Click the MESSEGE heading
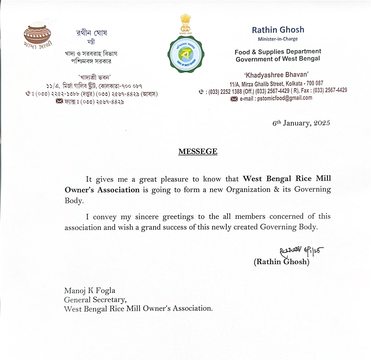point(198,151)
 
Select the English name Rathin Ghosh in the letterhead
point(278,30)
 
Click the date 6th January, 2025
point(301,123)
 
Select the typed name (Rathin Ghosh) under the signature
point(281,262)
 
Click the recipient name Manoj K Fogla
point(90,290)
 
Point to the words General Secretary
point(95,299)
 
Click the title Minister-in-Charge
point(278,39)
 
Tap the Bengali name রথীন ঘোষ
point(92,33)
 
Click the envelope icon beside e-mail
point(234,99)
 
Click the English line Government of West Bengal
point(278,59)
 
